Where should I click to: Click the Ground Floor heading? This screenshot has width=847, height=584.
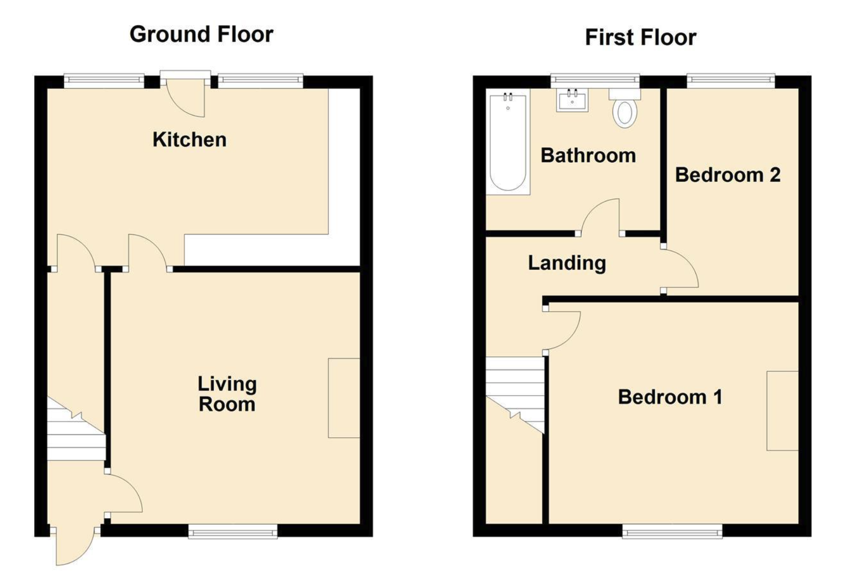pos(201,35)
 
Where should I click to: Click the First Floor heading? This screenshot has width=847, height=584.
pos(641,38)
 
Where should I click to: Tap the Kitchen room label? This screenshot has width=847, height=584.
pos(189,140)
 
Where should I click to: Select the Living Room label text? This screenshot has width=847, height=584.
pos(227,394)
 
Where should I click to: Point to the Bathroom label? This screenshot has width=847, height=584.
pos(588,155)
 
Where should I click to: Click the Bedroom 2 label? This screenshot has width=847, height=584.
pos(728,175)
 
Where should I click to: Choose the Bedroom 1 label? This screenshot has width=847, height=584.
pos(670,397)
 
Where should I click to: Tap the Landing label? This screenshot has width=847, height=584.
pos(567,263)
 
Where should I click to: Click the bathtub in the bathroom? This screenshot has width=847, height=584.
pos(508,142)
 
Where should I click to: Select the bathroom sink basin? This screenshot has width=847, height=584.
pos(572,100)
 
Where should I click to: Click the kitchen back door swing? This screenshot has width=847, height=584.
pos(186,99)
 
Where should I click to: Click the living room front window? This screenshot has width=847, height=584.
pos(233,531)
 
